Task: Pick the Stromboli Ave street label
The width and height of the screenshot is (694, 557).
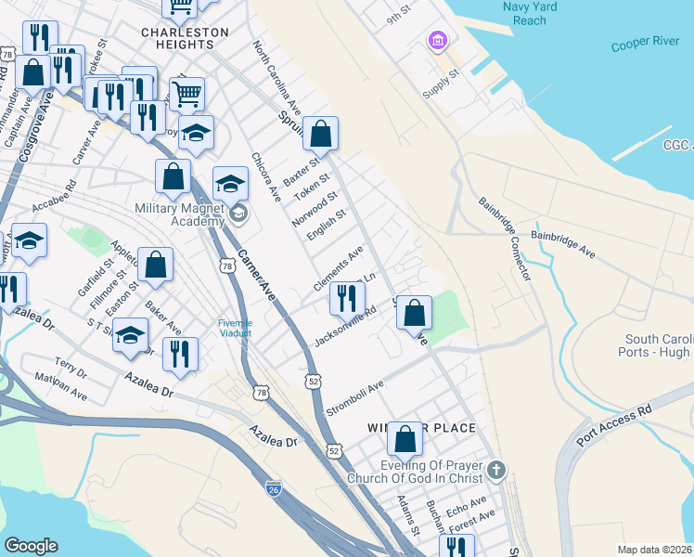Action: point(353,398)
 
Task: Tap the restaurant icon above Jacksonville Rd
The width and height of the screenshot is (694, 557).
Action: point(346,297)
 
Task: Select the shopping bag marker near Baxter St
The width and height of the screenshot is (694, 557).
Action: point(321,133)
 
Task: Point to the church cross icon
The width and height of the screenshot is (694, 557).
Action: point(496,469)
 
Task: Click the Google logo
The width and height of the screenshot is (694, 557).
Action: point(31,546)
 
